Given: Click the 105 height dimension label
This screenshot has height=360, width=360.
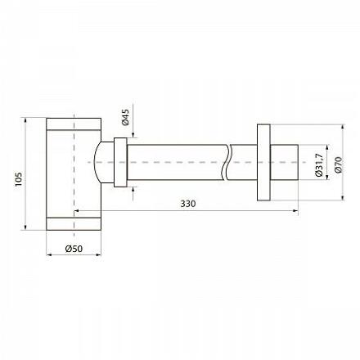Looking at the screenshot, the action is point(18,179).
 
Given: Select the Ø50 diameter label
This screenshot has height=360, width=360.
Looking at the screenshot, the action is point(74,249).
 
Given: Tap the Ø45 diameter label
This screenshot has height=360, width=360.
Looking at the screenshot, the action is point(125,117).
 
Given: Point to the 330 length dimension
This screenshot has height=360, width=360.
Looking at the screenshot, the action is point(188,204).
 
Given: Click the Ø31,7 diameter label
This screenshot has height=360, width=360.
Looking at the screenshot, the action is point(319,164).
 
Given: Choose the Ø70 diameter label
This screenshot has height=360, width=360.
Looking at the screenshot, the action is point(339,165).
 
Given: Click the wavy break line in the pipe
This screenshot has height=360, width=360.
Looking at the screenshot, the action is point(227,162).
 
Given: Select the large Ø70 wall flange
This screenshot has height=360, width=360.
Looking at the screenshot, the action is point(263,163).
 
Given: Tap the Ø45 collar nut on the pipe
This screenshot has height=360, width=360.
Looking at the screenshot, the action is point(120,163).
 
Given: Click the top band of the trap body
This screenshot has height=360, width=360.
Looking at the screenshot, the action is point(74,124).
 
